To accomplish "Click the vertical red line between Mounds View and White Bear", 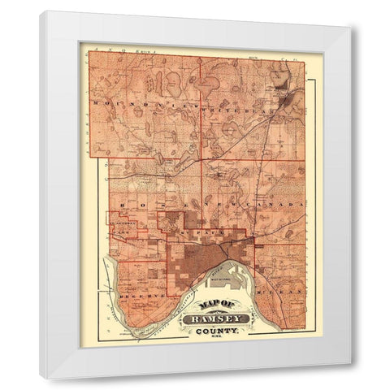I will [x=201, y=106].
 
